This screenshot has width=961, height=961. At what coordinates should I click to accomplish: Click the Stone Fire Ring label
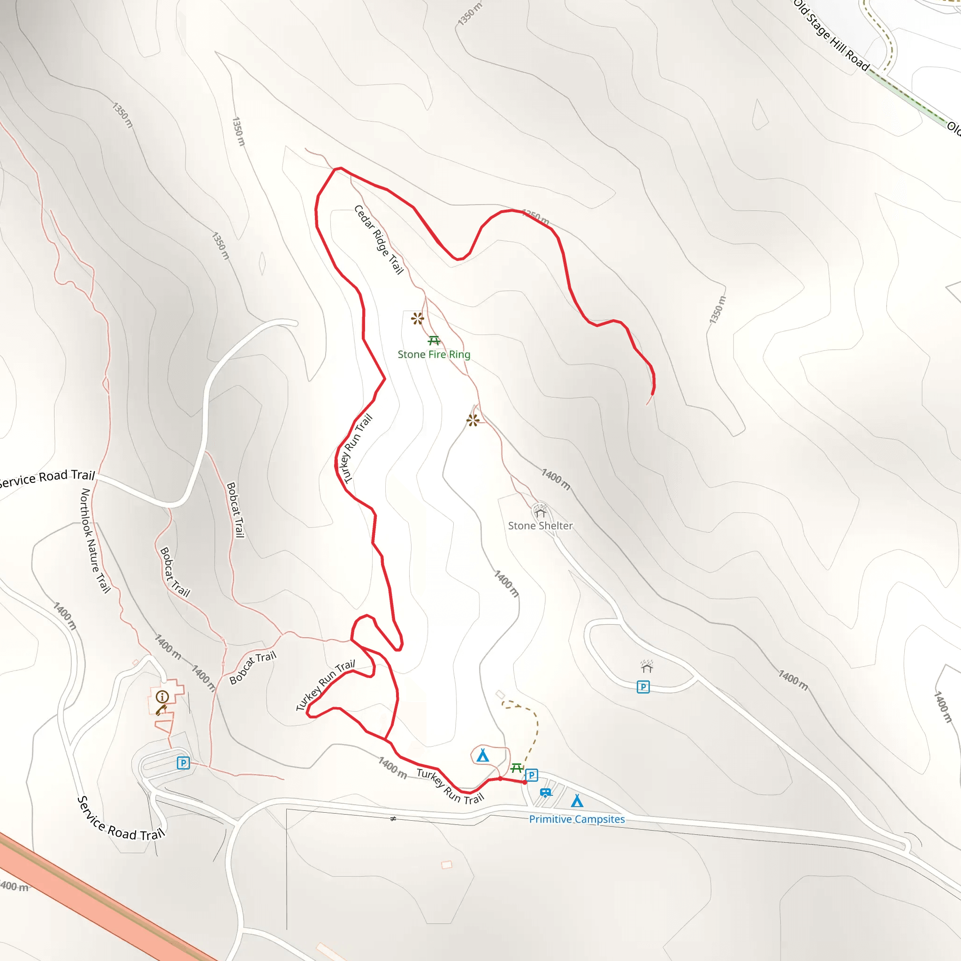tap(434, 354)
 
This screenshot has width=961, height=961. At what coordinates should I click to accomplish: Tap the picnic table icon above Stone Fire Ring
tap(434, 341)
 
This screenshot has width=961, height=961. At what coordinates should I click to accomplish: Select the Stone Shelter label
tap(540, 525)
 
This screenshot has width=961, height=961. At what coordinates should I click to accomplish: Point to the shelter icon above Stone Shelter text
tap(541, 512)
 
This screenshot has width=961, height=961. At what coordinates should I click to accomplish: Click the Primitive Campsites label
tap(577, 819)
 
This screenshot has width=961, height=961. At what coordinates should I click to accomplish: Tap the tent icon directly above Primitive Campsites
tap(577, 801)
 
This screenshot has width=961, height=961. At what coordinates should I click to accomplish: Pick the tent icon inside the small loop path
tap(482, 756)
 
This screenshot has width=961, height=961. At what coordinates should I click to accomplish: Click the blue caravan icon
tap(546, 793)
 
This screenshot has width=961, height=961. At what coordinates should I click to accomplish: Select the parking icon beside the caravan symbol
tap(531, 775)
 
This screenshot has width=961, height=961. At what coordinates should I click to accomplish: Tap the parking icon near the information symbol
tap(183, 763)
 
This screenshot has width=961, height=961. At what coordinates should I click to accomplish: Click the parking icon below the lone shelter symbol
tap(643, 687)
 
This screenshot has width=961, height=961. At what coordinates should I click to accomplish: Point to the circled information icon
tap(162, 697)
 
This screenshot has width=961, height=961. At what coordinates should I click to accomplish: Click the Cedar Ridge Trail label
tap(379, 239)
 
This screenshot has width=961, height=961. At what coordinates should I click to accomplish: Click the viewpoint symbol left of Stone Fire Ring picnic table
tap(417, 318)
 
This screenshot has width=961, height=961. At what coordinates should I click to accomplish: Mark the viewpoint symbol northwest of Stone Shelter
tap(473, 420)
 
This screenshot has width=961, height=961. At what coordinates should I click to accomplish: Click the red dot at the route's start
tap(525, 782)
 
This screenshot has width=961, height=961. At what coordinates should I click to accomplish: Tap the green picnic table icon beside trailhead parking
tap(517, 768)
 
